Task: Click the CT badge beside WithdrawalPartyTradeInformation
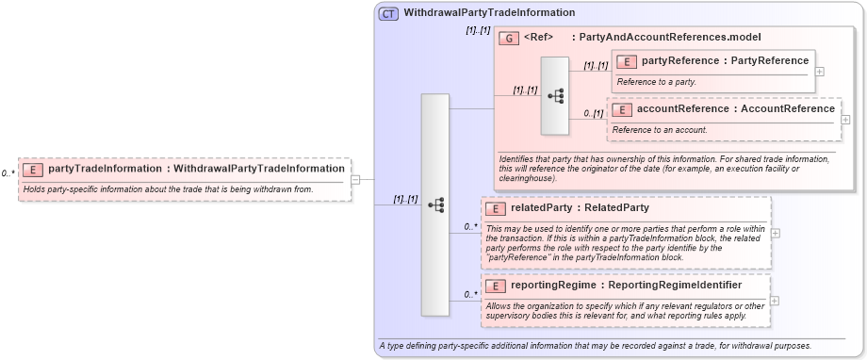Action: [388, 14]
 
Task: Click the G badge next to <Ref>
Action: [509, 38]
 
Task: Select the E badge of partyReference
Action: [627, 61]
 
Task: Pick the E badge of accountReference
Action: [621, 109]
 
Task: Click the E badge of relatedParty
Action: [496, 207]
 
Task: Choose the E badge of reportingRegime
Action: [496, 285]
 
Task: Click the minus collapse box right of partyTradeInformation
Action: [355, 179]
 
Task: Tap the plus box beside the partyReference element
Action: [820, 71]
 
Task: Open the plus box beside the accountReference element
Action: [845, 120]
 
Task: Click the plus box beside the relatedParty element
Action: [775, 232]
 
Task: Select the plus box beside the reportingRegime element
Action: [775, 301]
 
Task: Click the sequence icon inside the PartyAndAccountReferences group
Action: [555, 95]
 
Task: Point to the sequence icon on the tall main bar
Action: [435, 205]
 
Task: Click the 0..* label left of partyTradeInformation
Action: [8, 173]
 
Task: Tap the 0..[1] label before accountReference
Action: [593, 114]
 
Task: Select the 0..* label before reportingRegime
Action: [468, 294]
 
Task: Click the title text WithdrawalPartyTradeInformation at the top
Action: [489, 13]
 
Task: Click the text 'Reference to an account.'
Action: [660, 129]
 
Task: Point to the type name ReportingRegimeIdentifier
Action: [675, 285]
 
